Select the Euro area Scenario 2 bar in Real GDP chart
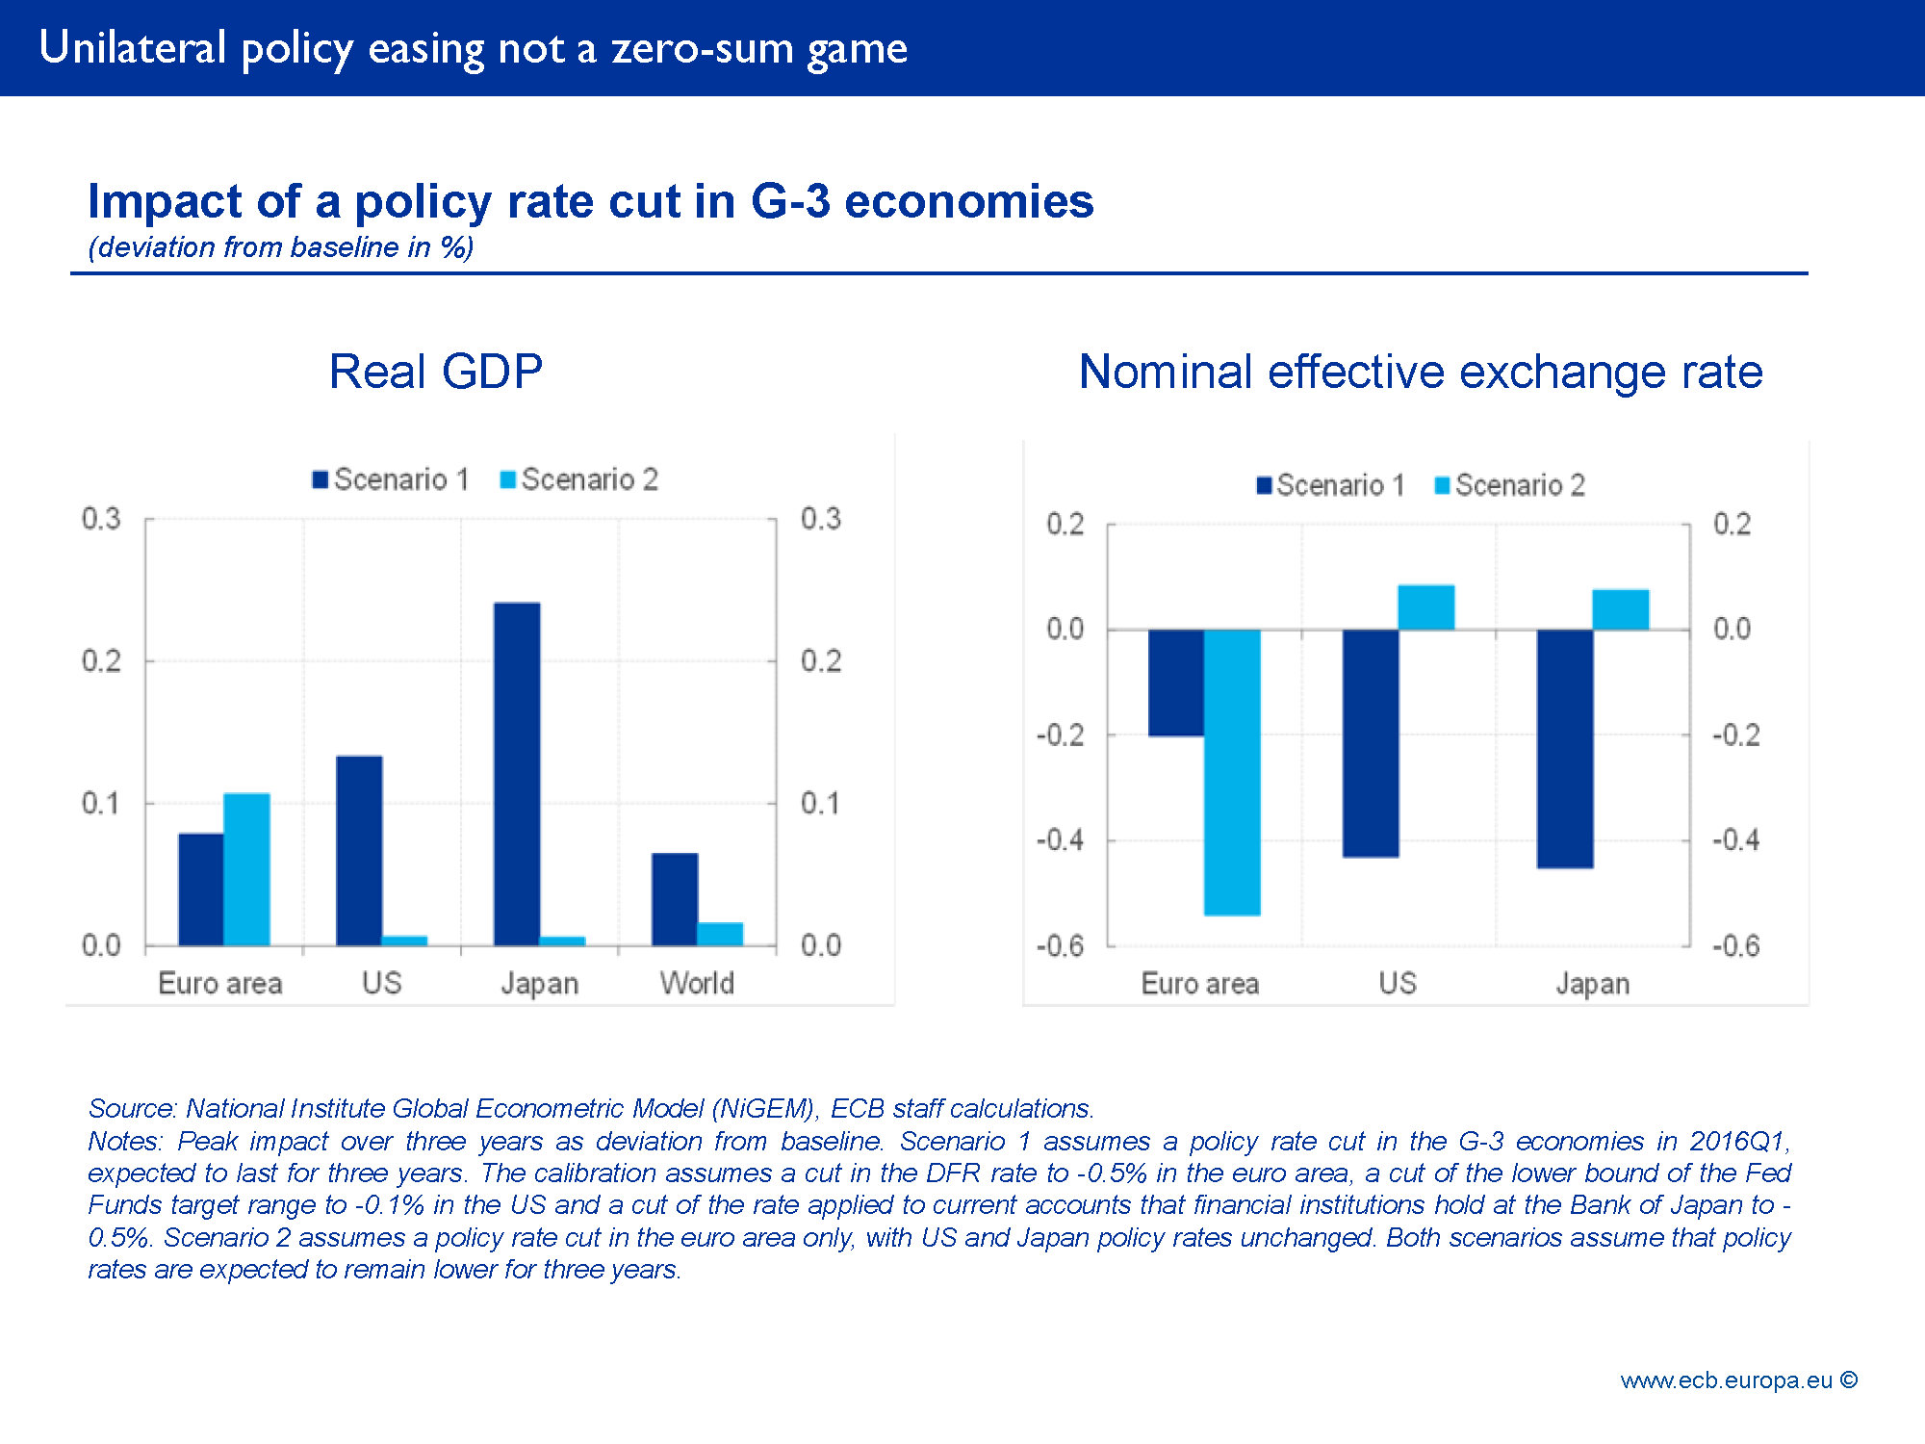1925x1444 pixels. point(246,868)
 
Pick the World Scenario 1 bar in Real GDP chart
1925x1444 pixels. point(675,898)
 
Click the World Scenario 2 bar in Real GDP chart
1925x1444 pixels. point(720,934)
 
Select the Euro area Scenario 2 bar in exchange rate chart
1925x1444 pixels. point(1232,771)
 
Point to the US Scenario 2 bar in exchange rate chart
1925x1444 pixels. point(1425,607)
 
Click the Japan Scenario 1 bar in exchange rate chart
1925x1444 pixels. point(1565,748)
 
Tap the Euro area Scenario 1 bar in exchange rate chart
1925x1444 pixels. point(1176,683)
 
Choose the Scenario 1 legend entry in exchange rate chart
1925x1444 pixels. point(1331,485)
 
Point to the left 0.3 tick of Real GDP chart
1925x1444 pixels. point(101,519)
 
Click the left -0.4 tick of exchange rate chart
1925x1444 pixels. point(1061,840)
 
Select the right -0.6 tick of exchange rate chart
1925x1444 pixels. point(1735,946)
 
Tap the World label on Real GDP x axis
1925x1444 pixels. point(697,983)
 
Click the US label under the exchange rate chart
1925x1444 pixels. point(1398,983)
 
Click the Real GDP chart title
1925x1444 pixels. point(436,372)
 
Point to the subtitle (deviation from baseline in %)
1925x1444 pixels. point(281,247)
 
